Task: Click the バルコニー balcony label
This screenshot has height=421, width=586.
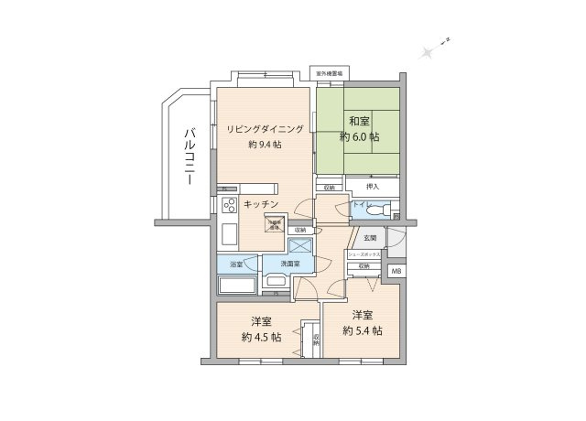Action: [188, 156]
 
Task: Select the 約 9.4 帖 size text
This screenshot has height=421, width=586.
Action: [265, 145]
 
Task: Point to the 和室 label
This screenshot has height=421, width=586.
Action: [359, 120]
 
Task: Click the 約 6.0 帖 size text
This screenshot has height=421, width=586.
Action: [359, 136]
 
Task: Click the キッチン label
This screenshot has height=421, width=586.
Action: [261, 204]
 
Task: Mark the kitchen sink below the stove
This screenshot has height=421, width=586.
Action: [228, 234]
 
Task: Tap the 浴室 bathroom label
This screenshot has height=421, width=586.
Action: [236, 264]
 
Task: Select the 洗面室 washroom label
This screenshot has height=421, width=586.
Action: [292, 264]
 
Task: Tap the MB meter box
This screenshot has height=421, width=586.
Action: [396, 271]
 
